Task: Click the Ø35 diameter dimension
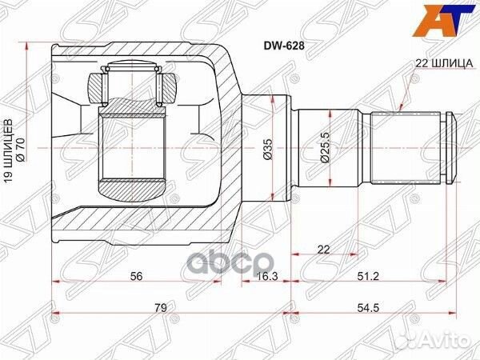click(x=270, y=150)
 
